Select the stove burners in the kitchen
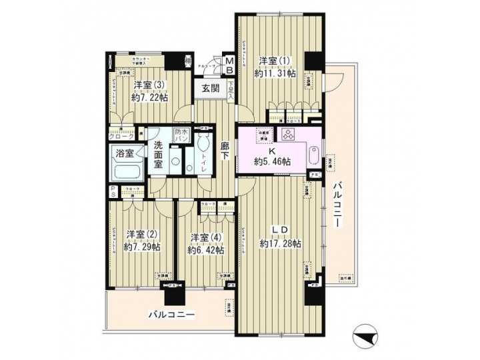(x=289, y=135)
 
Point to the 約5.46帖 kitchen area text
(x=272, y=161)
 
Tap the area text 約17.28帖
(x=281, y=244)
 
